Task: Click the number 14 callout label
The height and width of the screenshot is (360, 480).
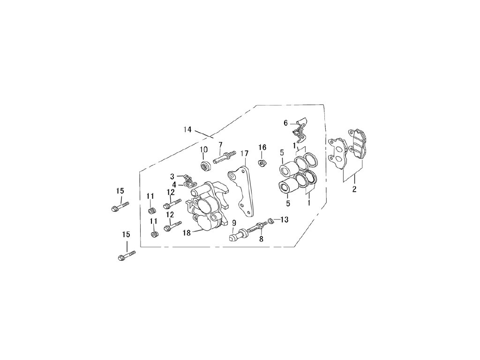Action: click(187, 130)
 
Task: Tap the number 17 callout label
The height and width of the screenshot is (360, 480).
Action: click(244, 153)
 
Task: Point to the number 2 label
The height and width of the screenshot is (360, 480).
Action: click(354, 189)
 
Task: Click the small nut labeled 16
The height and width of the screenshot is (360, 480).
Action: click(262, 163)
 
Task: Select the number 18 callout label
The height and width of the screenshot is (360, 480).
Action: click(187, 232)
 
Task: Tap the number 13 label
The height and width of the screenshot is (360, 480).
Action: click(285, 219)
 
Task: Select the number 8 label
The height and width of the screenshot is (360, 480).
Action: click(261, 239)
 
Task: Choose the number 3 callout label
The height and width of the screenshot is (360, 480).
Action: click(172, 176)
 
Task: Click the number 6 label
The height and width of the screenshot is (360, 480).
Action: click(285, 123)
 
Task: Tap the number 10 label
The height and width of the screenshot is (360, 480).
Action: click(204, 150)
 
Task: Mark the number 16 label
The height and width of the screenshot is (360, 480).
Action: click(262, 148)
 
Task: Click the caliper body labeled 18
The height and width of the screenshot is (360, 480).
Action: click(206, 206)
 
